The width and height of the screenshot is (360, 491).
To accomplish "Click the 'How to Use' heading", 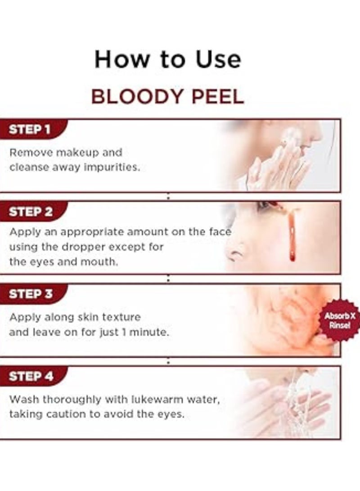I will click(x=167, y=60).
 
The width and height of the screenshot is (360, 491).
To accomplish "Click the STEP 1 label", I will click(x=30, y=130).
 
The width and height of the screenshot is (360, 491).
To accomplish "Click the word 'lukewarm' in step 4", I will click(x=140, y=399).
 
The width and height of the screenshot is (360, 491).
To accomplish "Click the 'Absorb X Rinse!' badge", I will click(x=340, y=320).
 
